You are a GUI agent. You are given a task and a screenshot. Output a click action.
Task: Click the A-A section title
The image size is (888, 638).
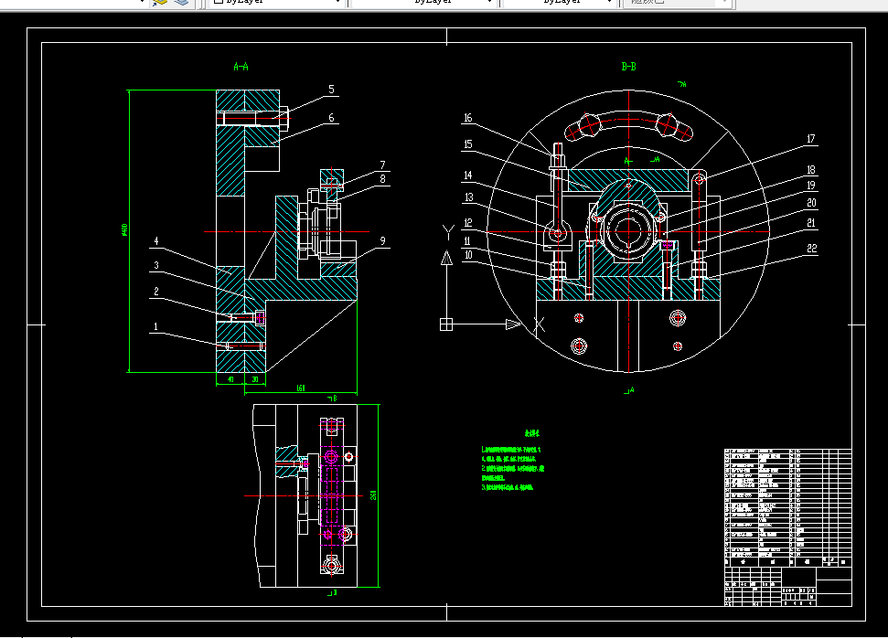coord(241,67)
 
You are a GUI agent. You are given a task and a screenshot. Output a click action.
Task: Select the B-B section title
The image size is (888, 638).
coord(628,67)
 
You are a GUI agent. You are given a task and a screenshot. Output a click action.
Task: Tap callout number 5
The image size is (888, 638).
coord(332,90)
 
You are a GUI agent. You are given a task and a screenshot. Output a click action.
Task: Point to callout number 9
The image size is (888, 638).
coord(382,240)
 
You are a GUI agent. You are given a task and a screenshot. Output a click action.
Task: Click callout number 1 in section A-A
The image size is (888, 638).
coord(155,325)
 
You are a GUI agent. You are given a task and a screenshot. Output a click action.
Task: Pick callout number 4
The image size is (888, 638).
coord(156,241)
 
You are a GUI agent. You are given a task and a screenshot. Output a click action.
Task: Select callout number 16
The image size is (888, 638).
coord(467,118)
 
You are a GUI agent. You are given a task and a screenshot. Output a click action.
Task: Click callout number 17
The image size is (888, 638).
coord(809,140)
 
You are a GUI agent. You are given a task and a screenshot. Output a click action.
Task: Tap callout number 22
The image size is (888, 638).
coord(812,248)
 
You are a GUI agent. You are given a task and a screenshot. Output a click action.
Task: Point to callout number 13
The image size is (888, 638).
coord(467,197)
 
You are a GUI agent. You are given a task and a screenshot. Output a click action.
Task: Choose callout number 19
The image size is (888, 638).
coord(811,185)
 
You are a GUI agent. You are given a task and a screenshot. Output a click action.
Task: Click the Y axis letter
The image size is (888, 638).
coord(446,229)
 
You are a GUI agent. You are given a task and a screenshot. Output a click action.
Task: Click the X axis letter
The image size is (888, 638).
coord(539,324)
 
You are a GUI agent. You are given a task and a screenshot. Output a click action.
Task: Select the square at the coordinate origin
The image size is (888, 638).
coord(446,324)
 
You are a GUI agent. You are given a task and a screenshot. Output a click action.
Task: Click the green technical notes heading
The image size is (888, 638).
coord(531,433)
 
